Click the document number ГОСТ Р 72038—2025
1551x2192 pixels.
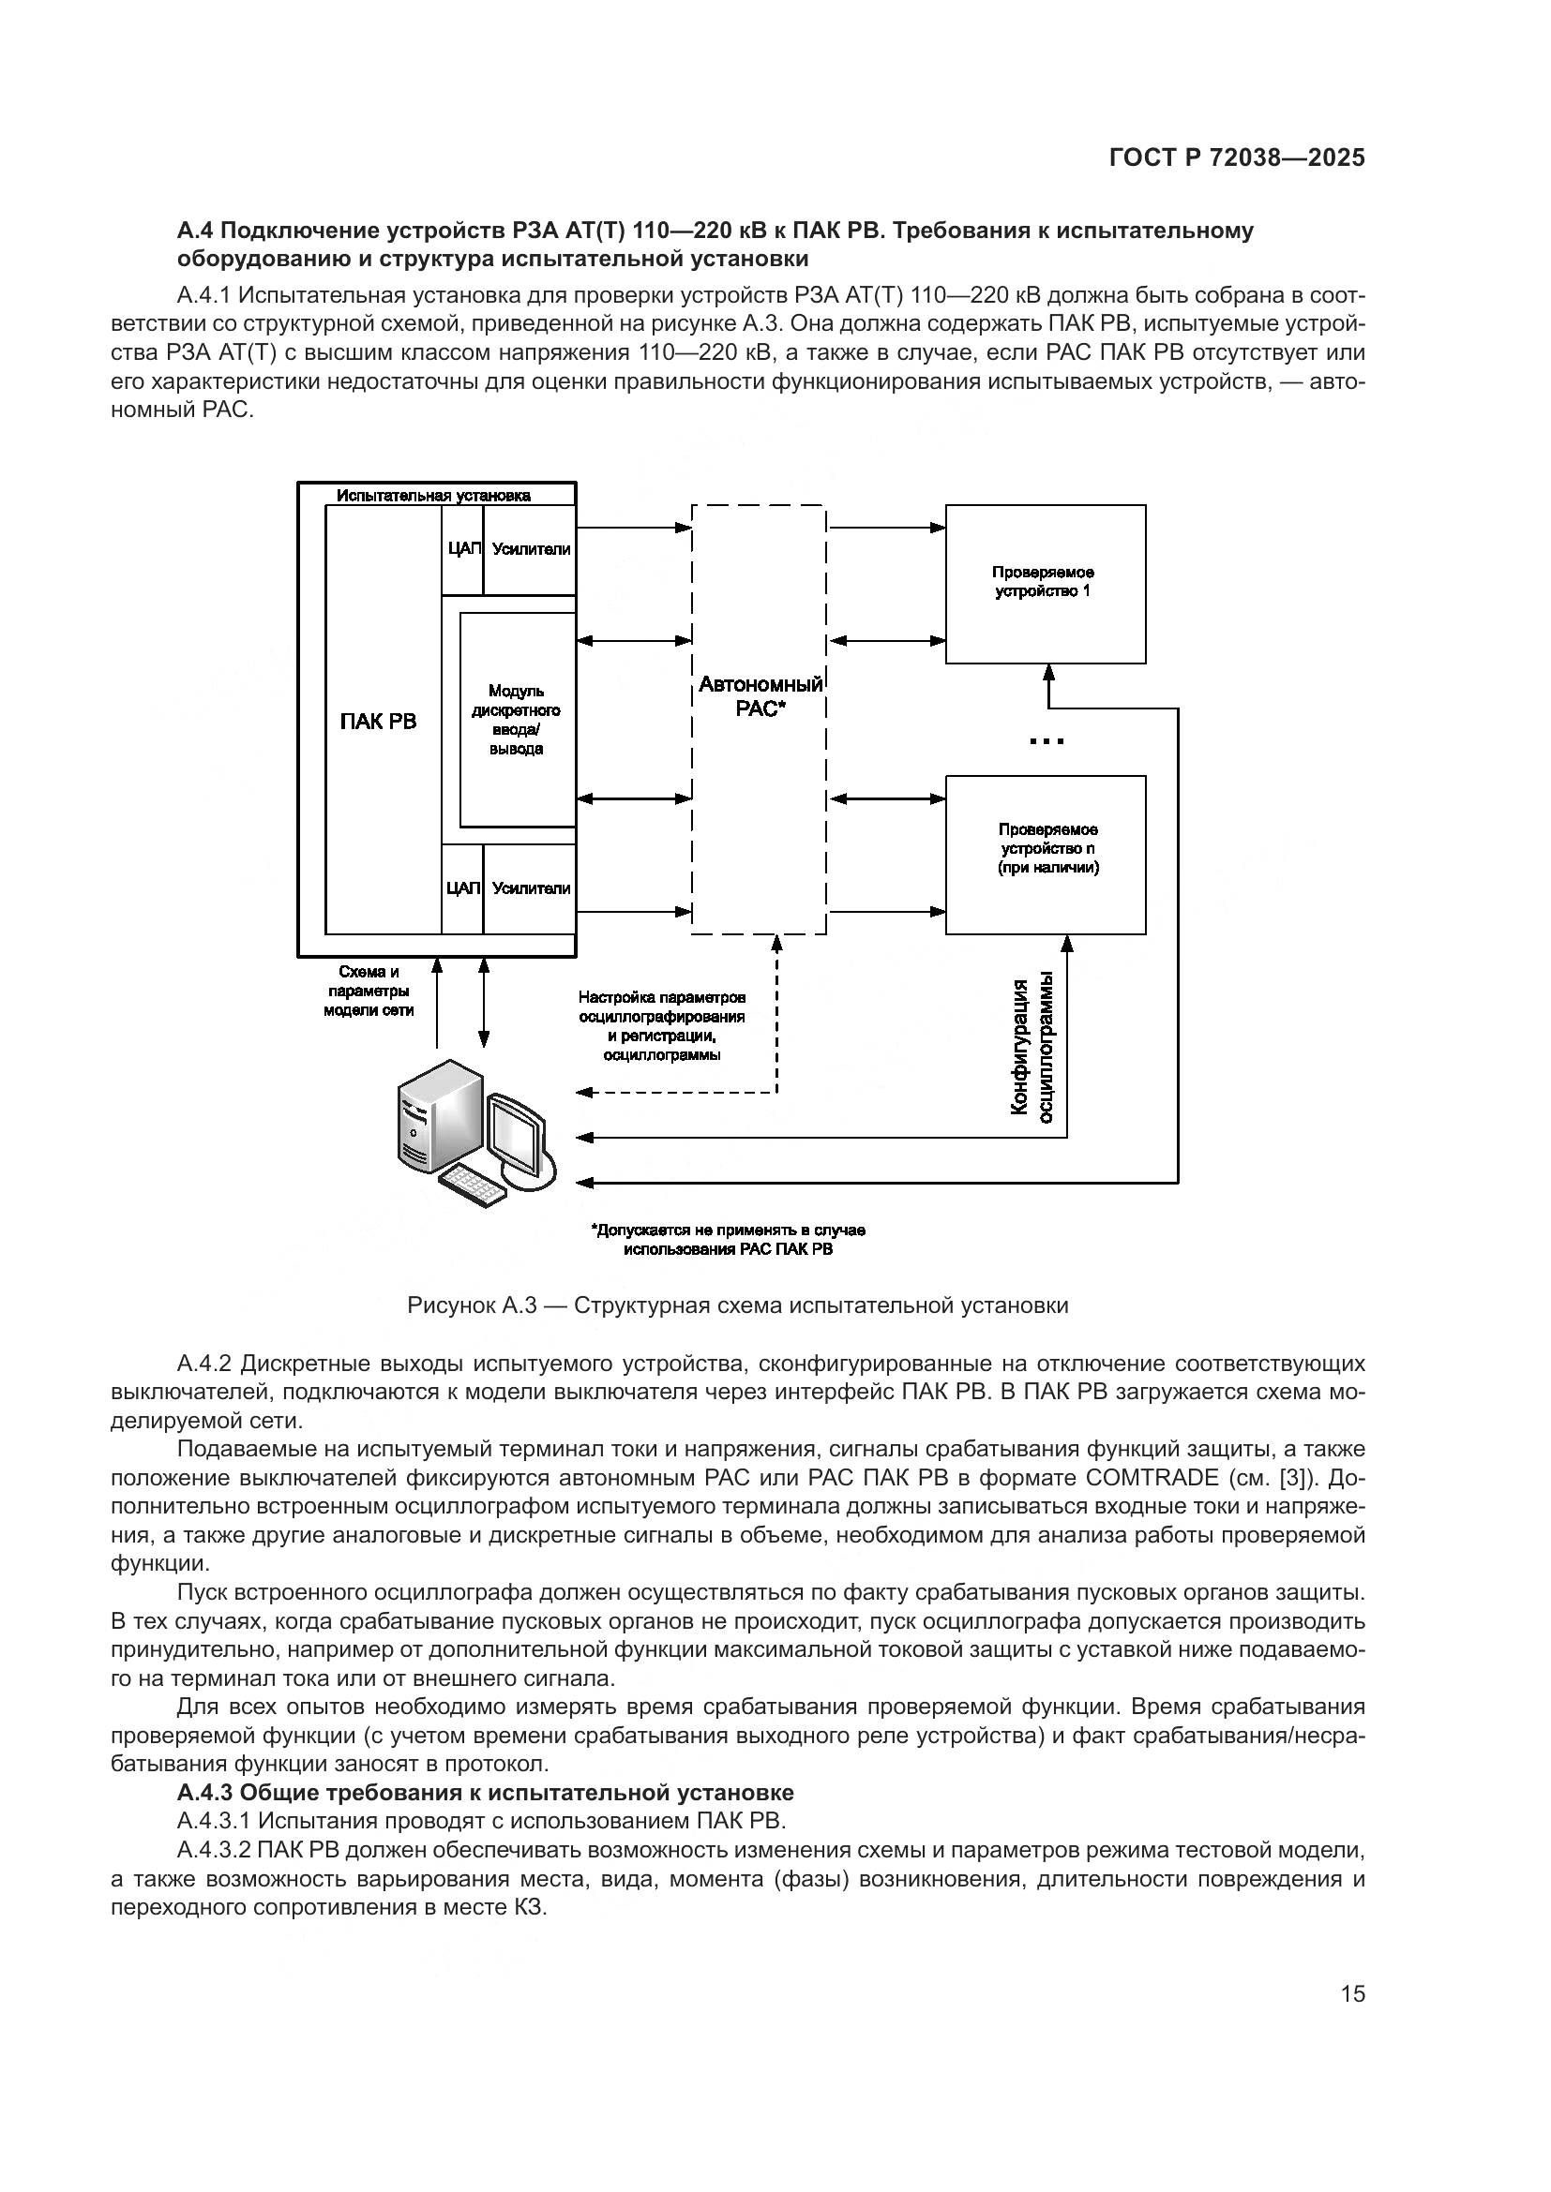[1237, 157]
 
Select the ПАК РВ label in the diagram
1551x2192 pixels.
[378, 721]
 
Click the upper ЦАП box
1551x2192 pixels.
[462, 549]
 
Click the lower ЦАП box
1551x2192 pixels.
[462, 887]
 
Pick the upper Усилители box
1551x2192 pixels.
[531, 549]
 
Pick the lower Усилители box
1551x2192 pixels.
[531, 887]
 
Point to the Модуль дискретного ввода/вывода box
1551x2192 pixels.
[517, 719]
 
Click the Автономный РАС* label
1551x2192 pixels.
[760, 696]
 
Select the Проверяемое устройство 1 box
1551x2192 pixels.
[1045, 582]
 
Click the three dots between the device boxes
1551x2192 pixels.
[1047, 741]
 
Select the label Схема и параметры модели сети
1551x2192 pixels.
[368, 991]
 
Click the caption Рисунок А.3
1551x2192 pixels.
[736, 1305]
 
